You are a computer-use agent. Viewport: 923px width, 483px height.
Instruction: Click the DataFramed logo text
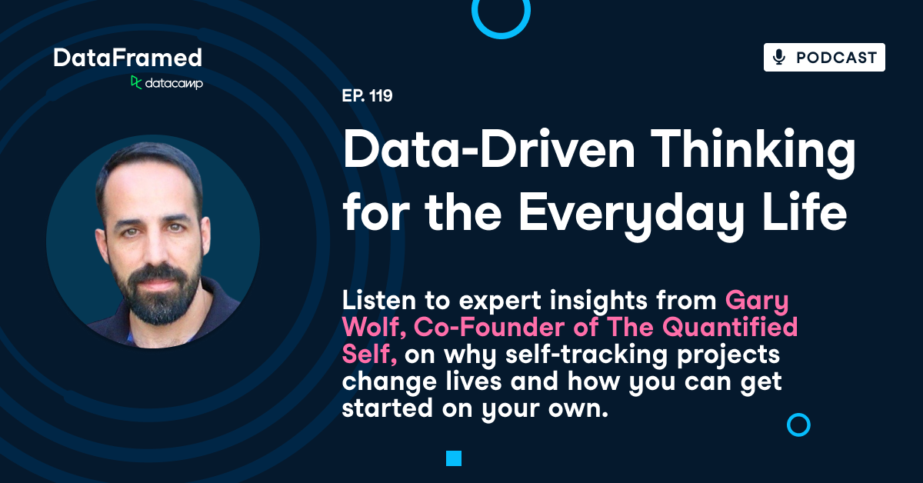click(x=128, y=57)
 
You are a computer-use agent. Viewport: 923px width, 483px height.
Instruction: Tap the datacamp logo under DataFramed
click(x=167, y=82)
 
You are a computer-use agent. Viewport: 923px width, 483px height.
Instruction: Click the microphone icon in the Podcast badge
click(x=779, y=58)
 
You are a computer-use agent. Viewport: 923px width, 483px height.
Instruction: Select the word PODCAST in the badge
click(x=836, y=58)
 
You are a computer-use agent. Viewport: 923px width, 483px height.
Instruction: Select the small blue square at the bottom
click(x=453, y=458)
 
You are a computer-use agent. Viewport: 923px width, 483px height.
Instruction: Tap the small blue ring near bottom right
click(x=799, y=425)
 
